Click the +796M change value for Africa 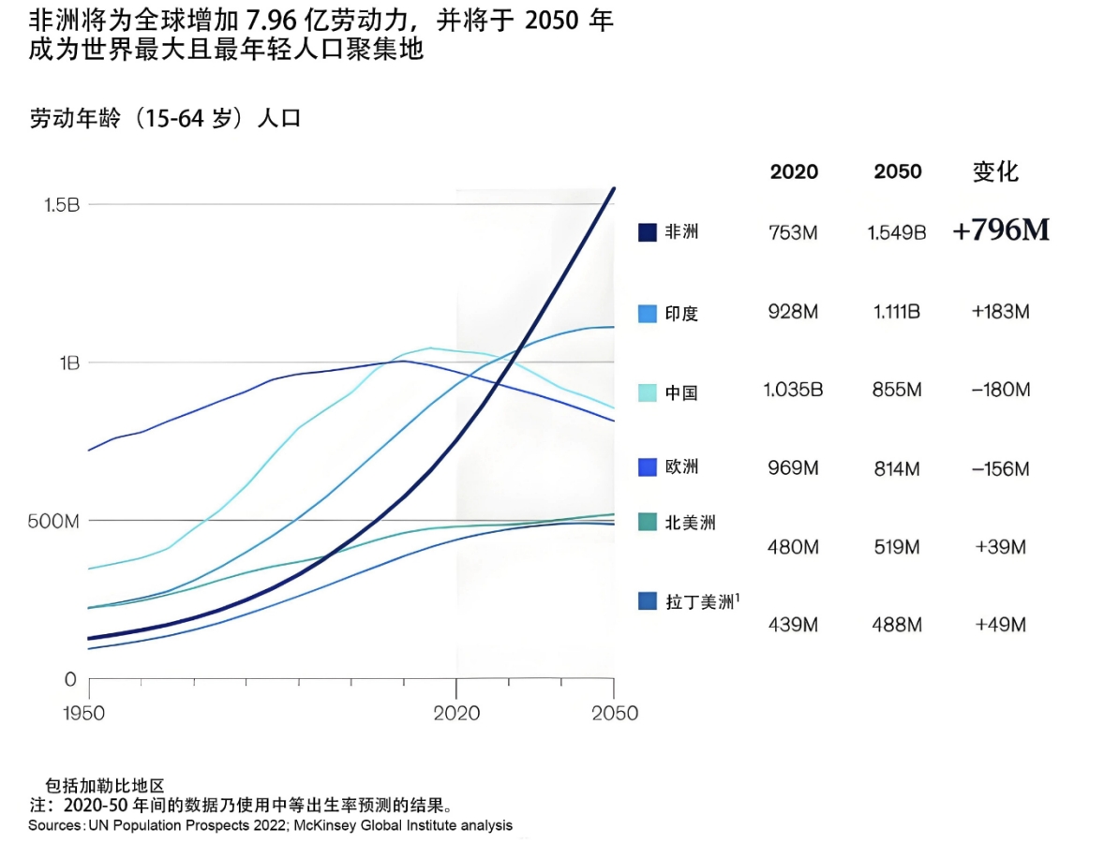click(x=1001, y=231)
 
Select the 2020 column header click(x=794, y=172)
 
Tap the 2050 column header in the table click(x=898, y=172)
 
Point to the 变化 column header click(x=995, y=171)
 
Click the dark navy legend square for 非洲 click(x=647, y=232)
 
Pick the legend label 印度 click(x=681, y=314)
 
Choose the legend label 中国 click(x=681, y=393)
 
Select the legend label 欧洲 click(x=681, y=466)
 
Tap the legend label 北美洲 click(x=690, y=523)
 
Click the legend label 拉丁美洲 click(x=700, y=602)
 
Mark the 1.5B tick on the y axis click(x=61, y=204)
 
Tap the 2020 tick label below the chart click(x=456, y=714)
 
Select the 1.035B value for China click(x=793, y=390)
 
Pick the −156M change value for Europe click(x=1000, y=468)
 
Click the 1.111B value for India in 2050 click(x=897, y=312)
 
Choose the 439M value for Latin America click(x=793, y=625)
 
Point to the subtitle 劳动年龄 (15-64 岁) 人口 click(x=165, y=119)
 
